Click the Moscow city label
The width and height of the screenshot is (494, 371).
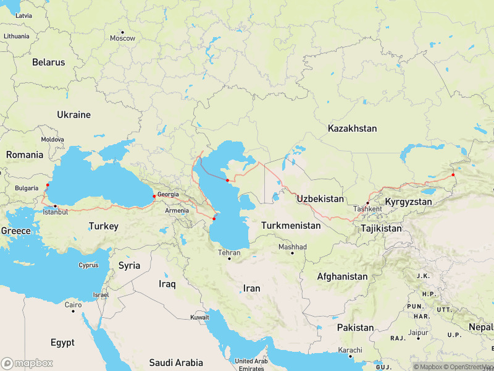(x=122, y=38)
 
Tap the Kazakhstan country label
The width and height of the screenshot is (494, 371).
(x=352, y=129)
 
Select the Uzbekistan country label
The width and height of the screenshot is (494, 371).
(x=320, y=198)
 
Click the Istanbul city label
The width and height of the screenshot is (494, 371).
(x=55, y=212)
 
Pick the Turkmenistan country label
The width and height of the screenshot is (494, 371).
(x=291, y=226)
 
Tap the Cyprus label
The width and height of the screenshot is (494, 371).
(x=88, y=265)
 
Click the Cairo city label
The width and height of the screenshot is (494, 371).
(x=73, y=305)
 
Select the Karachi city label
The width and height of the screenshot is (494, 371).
(x=349, y=350)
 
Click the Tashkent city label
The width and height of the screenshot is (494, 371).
(x=367, y=208)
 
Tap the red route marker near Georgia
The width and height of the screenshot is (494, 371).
(x=154, y=196)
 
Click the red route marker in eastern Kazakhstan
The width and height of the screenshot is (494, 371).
(x=453, y=174)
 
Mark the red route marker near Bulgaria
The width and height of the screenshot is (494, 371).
(x=48, y=184)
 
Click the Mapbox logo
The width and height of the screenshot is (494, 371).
(x=27, y=363)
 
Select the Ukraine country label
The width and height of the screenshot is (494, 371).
(x=73, y=114)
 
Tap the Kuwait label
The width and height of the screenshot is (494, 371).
(x=199, y=317)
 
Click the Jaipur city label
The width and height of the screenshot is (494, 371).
(x=418, y=332)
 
